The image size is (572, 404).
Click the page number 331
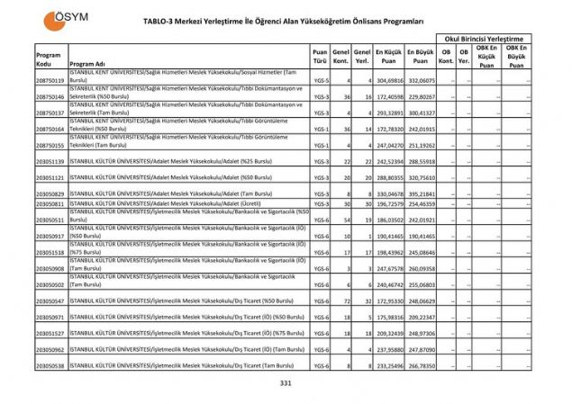pos(286,382)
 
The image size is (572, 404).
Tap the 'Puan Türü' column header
pos(320,58)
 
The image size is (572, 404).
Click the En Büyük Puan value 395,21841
pos(421,193)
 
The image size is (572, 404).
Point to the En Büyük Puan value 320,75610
pos(421,177)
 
